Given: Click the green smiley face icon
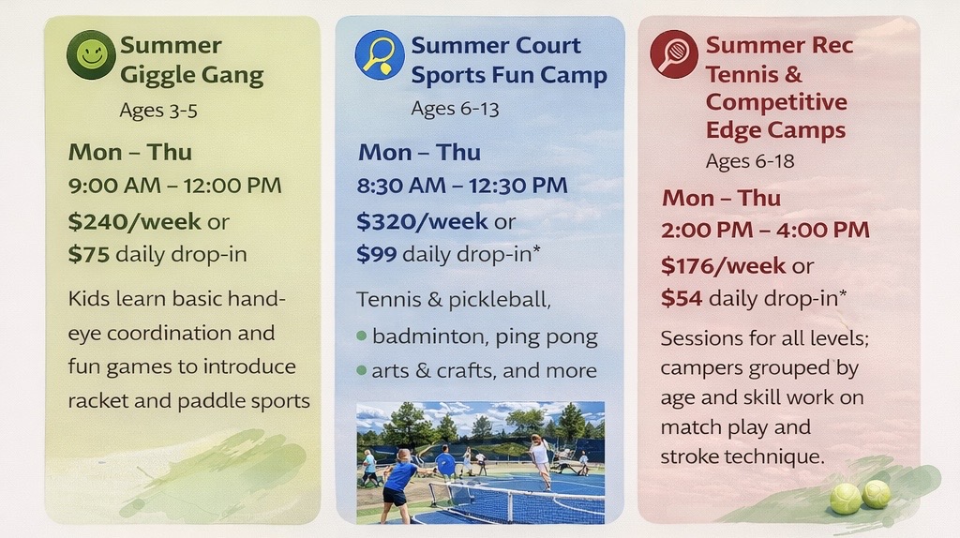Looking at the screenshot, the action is (91, 54).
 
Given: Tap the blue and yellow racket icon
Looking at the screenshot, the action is (380, 55).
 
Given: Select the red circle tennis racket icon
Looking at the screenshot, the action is (674, 54).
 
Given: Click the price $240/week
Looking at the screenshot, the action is (134, 221).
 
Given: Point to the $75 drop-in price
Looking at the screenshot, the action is (89, 254).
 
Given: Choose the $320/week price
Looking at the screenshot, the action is (422, 221).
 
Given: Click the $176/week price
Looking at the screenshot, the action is (723, 265).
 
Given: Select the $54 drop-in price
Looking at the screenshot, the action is (682, 298).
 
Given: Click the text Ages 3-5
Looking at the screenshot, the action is (157, 111).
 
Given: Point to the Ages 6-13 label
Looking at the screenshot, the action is (455, 109).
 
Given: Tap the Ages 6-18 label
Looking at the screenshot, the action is (749, 161).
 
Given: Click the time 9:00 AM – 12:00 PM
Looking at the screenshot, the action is (174, 186).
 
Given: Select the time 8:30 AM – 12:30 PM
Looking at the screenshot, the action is (462, 186).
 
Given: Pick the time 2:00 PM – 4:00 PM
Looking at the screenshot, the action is (765, 231).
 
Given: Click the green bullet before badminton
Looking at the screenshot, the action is (361, 336).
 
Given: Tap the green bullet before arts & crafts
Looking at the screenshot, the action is (361, 370).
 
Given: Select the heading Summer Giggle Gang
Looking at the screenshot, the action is (191, 60).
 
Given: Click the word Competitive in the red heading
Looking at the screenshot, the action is (776, 102).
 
